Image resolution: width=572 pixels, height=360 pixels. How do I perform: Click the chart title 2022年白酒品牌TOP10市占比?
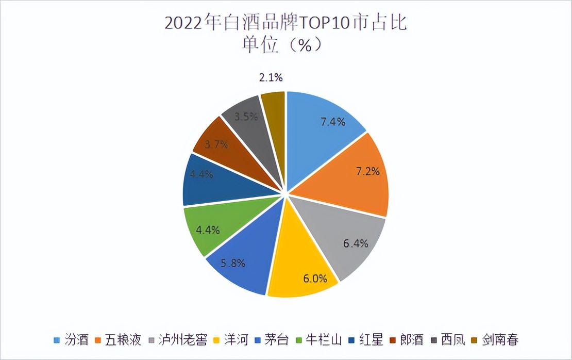(x=286, y=24)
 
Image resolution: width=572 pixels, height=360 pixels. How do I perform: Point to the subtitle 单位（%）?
(x=286, y=45)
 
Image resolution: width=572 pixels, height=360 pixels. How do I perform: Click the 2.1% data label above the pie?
(x=271, y=78)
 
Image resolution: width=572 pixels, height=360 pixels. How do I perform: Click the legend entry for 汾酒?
(x=72, y=340)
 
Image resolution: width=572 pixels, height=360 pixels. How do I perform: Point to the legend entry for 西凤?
(x=448, y=340)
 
